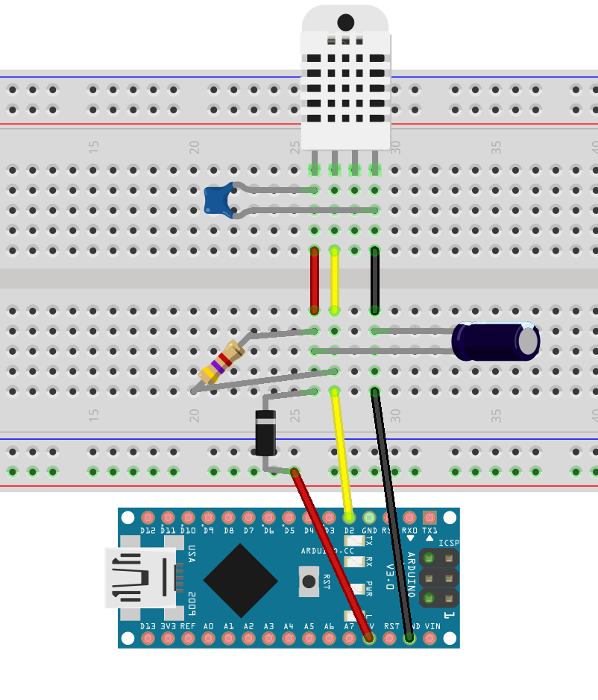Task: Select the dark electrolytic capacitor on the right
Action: tap(496, 341)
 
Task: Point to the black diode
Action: tap(265, 432)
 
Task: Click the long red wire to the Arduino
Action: tap(332, 555)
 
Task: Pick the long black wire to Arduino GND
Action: tap(392, 514)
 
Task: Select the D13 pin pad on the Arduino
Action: tap(148, 638)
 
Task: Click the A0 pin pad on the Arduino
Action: tap(209, 638)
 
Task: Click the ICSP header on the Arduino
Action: tap(438, 578)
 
